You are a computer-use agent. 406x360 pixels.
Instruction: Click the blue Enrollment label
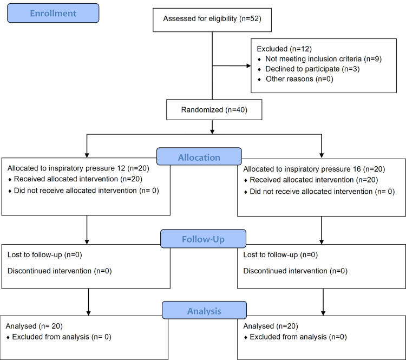pos(53,13)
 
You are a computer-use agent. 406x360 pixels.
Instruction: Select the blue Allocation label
pos(199,156)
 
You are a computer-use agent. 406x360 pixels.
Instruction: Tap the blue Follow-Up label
pos(203,239)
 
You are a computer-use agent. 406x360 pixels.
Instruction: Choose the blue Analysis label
pos(204,310)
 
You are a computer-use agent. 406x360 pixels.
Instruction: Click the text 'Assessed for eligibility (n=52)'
pos(212,18)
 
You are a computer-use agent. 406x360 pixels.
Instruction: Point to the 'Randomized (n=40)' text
pos(214,110)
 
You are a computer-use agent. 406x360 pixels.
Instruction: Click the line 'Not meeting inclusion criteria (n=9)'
pos(323,59)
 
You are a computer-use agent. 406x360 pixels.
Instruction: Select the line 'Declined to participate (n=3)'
pos(312,69)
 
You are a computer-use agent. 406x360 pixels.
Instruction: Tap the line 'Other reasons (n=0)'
pos(299,79)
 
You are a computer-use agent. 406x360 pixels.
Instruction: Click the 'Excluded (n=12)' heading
pos(284,49)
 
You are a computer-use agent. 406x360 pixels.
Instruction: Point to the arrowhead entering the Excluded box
pos(248,66)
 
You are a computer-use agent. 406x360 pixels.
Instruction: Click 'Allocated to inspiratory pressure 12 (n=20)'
pos(78,168)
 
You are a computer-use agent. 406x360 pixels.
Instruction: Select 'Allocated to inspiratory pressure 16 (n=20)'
pos(314,169)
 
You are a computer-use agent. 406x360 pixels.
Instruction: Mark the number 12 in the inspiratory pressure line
pos(121,168)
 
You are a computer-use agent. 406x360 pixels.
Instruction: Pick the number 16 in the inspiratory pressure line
pos(357,169)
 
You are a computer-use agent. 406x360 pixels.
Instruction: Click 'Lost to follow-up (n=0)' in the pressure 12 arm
pos(45,255)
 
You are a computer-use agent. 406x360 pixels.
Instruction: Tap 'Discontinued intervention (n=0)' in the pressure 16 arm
pos(295,271)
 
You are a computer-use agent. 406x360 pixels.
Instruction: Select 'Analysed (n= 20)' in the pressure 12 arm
pos(34,326)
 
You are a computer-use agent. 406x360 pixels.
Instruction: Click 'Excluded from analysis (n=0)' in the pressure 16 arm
pos(298,337)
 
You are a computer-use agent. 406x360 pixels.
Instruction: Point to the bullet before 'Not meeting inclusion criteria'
pos(259,60)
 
